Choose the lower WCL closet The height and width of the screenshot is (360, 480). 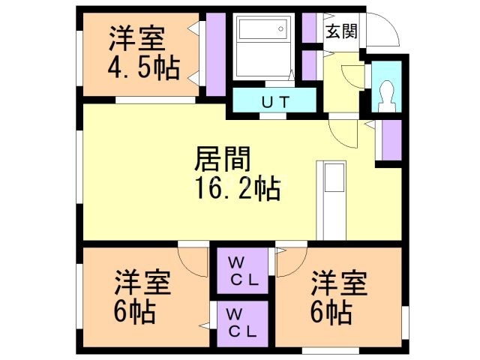[x=243, y=322]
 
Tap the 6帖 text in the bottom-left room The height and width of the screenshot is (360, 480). [x=135, y=311]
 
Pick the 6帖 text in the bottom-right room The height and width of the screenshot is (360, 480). [x=330, y=311]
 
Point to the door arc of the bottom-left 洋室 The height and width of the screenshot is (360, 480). [x=193, y=259]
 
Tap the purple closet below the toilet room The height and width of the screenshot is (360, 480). [x=390, y=139]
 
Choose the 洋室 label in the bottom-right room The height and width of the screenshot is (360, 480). [x=339, y=283]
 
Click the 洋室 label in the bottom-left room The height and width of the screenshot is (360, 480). [x=142, y=283]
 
